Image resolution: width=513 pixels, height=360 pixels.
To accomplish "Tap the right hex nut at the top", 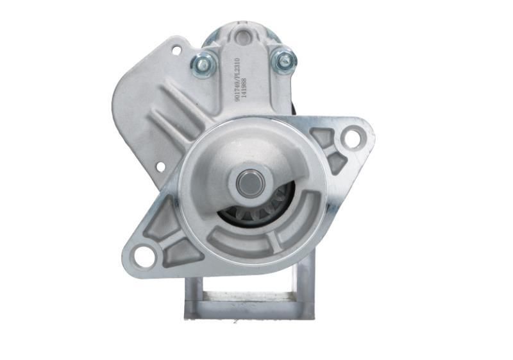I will tap(283, 60).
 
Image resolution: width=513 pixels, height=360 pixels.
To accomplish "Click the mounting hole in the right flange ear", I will tap(352, 137).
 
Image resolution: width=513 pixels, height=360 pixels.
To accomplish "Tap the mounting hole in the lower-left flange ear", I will tap(144, 257).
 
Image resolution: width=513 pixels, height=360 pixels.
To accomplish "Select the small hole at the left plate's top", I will tap(176, 49).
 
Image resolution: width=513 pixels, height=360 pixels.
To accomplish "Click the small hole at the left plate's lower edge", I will tap(160, 167).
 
